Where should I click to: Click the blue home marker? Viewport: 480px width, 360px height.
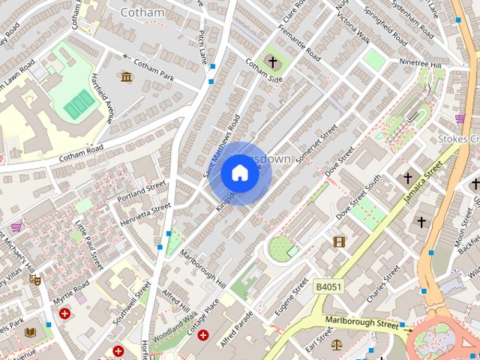[x=239, y=173]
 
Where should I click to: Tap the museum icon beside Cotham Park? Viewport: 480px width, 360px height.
[x=125, y=76]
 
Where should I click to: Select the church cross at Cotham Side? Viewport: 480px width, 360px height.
[x=271, y=62]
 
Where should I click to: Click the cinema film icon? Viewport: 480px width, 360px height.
[x=339, y=241]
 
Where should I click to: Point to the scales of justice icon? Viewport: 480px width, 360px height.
[x=335, y=346]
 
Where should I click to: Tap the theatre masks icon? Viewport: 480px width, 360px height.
[x=34, y=279]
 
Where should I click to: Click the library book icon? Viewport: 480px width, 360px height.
[x=30, y=332]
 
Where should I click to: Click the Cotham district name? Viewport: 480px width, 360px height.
[x=142, y=12]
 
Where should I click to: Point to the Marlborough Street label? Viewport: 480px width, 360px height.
[x=362, y=324]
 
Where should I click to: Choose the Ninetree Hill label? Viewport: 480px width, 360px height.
[x=424, y=63]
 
